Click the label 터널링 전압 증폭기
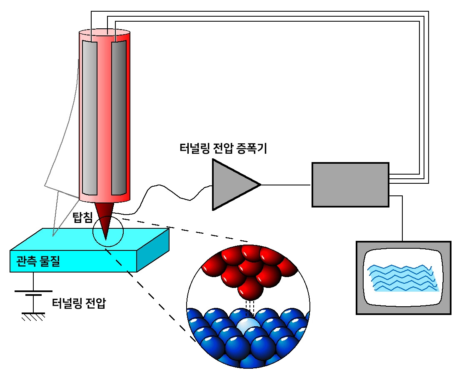(x=223, y=148)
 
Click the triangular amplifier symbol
(x=232, y=184)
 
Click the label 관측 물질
(x=38, y=261)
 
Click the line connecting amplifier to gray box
(x=286, y=185)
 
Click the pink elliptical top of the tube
(x=104, y=32)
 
